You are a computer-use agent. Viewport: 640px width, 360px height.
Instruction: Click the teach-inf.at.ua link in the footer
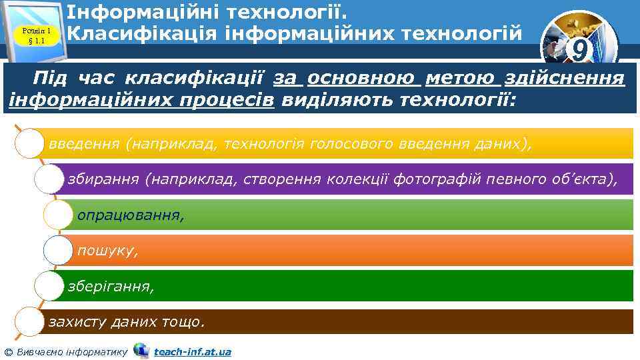193,351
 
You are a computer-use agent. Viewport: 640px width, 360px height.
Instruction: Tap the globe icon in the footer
141,350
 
